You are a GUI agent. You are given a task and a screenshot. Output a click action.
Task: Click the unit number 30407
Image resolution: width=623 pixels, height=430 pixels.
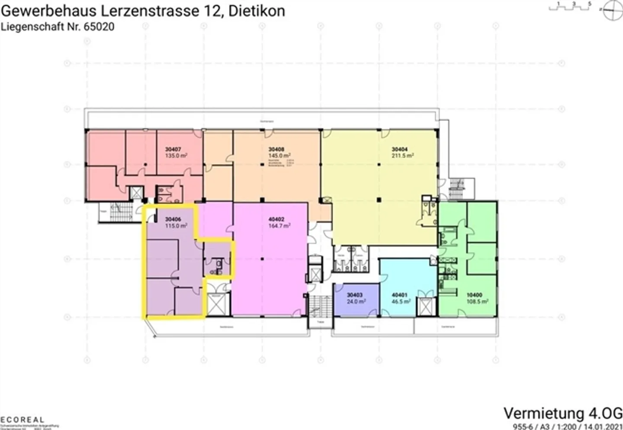[173, 149]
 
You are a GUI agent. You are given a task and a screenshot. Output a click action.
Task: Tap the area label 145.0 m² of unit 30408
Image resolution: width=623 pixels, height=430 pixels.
[279, 156]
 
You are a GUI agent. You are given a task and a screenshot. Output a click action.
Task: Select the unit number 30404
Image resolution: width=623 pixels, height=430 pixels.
[399, 149]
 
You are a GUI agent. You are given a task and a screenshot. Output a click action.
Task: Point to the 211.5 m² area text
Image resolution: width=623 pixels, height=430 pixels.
[402, 156]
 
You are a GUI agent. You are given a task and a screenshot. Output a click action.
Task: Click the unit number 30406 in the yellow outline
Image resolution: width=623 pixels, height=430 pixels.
[173, 219]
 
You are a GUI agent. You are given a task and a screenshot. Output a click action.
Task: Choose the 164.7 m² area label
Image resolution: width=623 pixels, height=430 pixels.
[279, 226]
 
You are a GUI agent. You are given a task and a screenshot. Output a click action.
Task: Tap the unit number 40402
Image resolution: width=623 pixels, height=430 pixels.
[276, 219]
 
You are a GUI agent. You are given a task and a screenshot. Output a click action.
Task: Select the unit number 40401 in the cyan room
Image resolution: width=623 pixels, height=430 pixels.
[399, 295]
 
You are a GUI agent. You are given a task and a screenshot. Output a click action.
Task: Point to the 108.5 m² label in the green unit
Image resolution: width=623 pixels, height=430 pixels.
[477, 302]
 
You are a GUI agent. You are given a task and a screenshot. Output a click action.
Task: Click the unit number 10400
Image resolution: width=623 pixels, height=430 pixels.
[475, 295]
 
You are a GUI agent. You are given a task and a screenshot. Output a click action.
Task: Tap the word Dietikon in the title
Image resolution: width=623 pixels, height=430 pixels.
[257, 10]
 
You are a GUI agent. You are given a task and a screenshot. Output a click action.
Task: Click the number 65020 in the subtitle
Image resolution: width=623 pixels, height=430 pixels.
[99, 27]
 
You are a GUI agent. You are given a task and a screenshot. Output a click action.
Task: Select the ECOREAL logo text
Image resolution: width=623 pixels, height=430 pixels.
[22, 420]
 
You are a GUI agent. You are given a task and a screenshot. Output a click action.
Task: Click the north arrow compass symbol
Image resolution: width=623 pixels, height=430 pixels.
[612, 10]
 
